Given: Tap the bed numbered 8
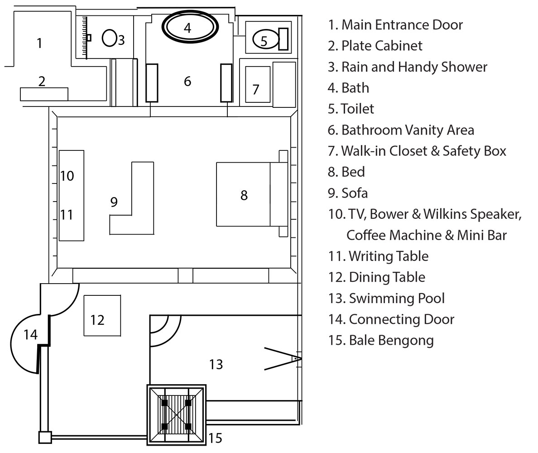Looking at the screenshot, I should (x=251, y=194).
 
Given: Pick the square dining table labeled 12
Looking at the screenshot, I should (x=102, y=315).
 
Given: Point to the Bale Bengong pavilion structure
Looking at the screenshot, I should (x=176, y=414).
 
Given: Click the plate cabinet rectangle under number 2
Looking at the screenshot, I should (x=44, y=94).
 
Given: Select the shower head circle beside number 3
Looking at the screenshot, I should (x=109, y=38).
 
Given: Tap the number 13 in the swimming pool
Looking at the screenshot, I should (x=216, y=364).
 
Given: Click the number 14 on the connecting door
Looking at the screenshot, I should (x=30, y=335).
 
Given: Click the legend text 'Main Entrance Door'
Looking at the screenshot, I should (x=395, y=24).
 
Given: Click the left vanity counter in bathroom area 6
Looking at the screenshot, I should (x=152, y=82).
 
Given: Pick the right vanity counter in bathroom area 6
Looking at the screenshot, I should (x=226, y=82).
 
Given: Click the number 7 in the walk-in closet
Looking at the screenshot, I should (x=256, y=89).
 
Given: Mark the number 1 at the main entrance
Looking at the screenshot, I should (x=39, y=43).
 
